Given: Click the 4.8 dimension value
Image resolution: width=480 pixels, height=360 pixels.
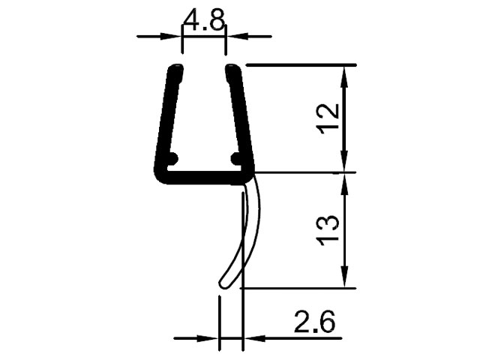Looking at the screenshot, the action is click(x=204, y=21).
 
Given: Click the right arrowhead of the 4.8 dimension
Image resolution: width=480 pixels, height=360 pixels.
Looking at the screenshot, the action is click(x=237, y=37).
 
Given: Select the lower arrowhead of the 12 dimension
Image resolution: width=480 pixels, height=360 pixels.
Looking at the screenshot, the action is click(x=345, y=161).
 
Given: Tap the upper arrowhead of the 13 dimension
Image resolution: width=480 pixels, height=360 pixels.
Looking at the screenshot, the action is click(x=345, y=184).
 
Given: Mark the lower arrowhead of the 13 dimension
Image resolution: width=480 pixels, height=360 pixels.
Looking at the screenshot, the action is click(x=345, y=277).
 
